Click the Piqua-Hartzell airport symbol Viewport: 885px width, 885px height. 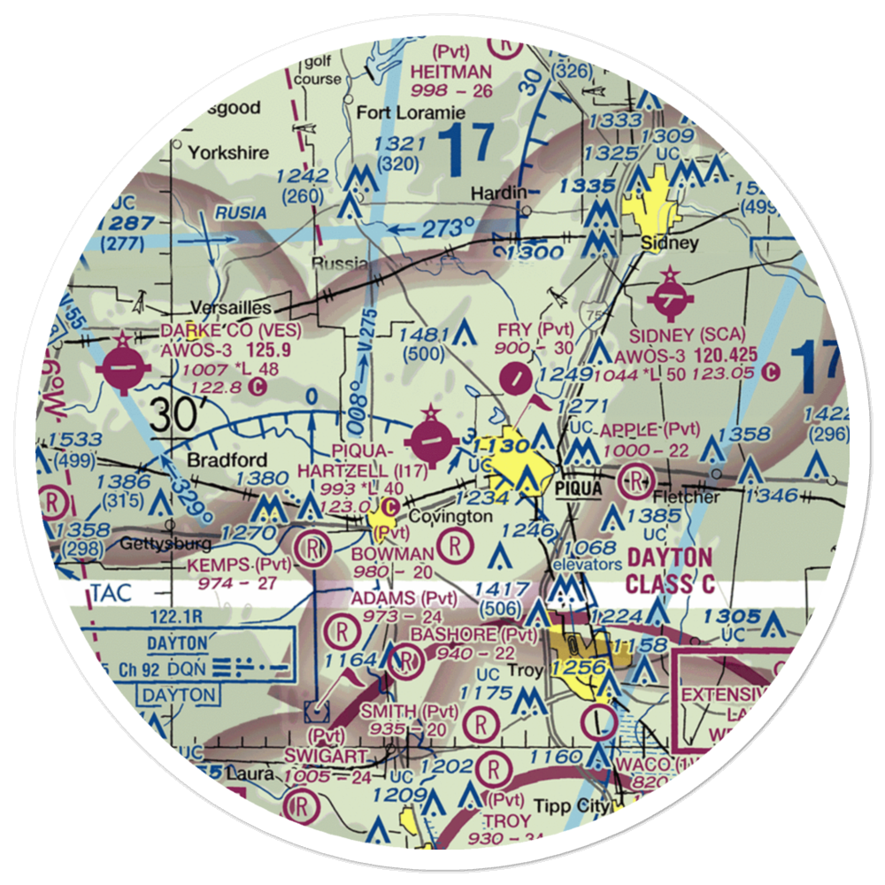pyautogui.click(x=431, y=437)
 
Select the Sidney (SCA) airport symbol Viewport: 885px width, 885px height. pyautogui.click(x=670, y=303)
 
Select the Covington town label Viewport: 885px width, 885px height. pyautogui.click(x=450, y=516)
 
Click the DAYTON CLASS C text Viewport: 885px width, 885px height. pyautogui.click(x=669, y=571)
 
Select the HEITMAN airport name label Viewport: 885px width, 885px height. pyautogui.click(x=451, y=70)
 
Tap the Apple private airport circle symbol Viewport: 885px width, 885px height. pyautogui.click(x=636, y=481)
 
